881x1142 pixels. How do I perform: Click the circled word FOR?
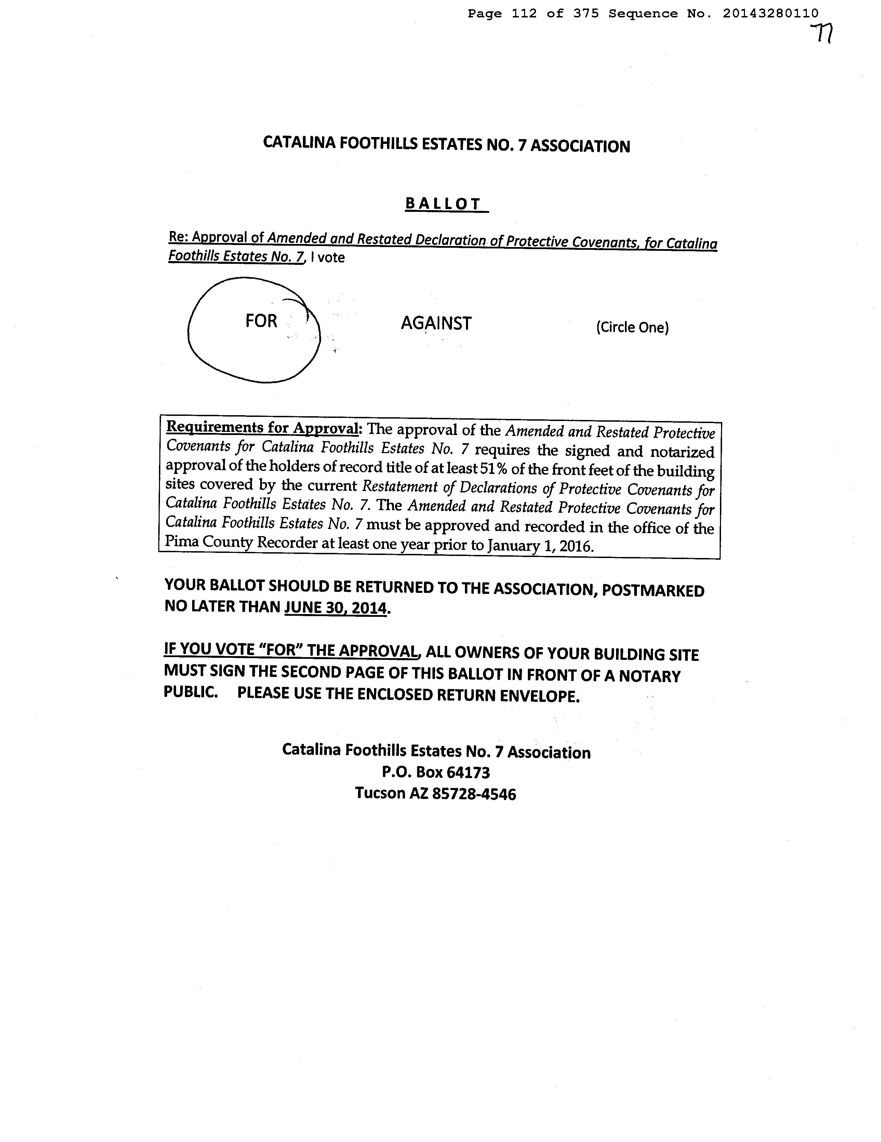point(261,321)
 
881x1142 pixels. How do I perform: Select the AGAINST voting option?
point(436,323)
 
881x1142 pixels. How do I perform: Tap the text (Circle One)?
point(632,327)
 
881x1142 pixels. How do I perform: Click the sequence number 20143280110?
point(771,14)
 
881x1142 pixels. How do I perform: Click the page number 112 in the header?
point(524,14)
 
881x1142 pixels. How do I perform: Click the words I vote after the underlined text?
point(328,257)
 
